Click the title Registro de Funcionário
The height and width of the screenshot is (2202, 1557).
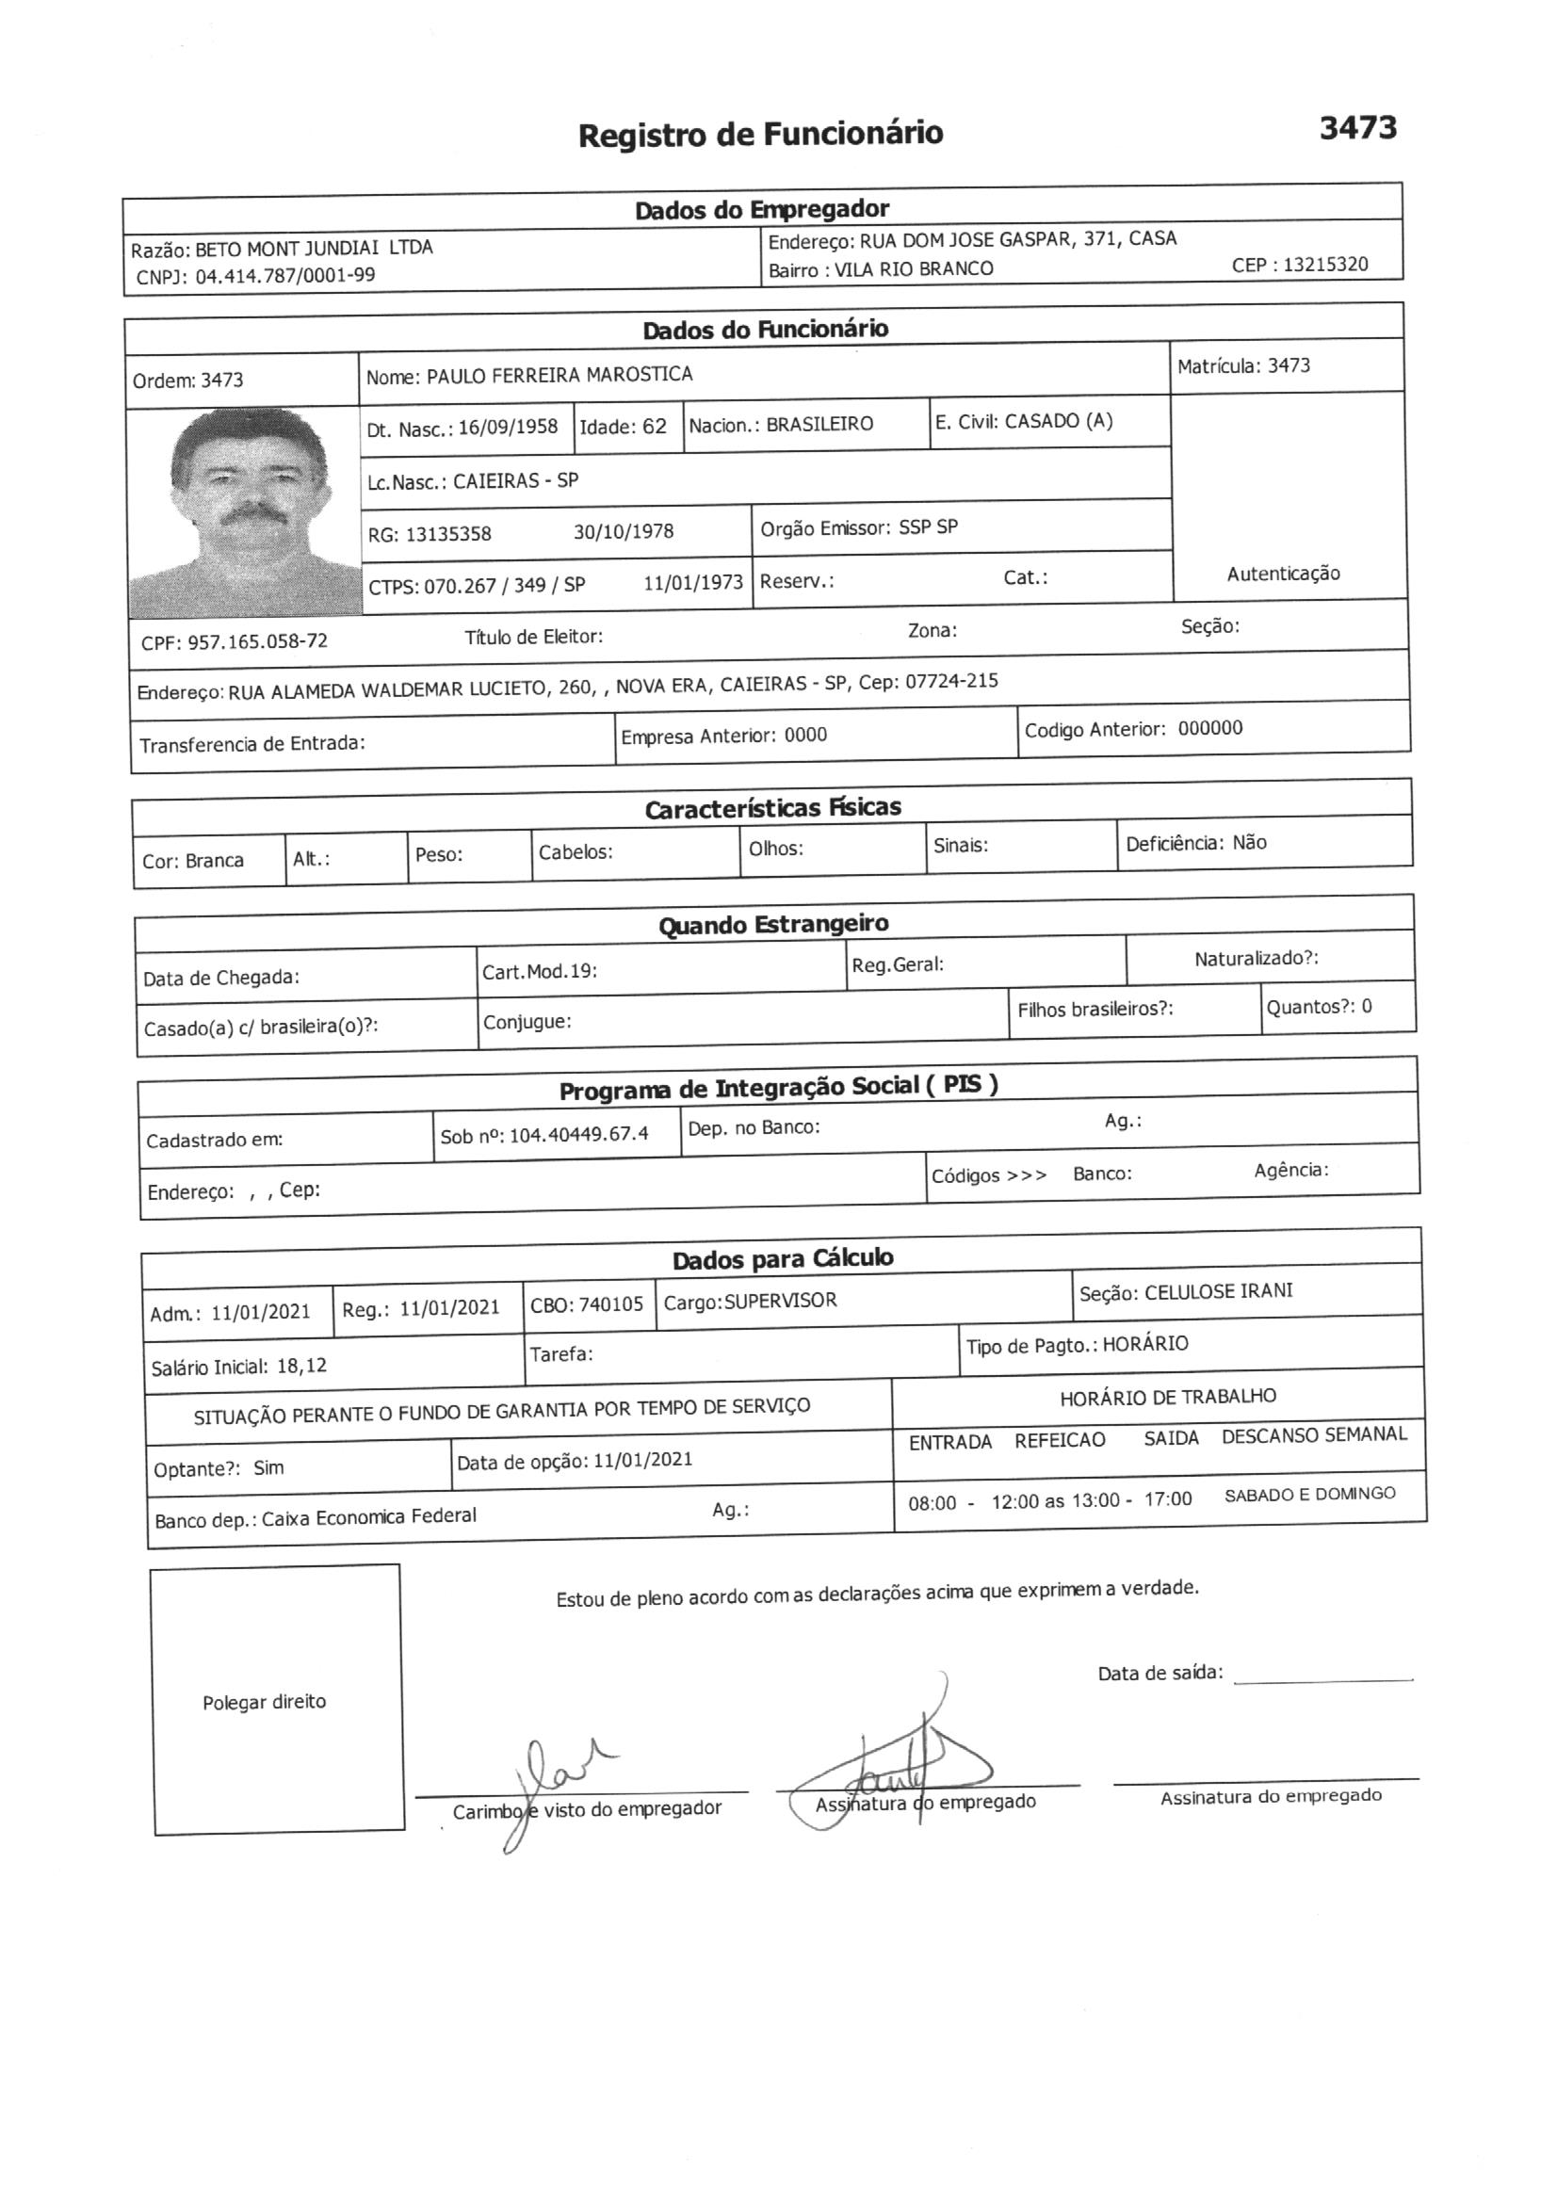(x=760, y=135)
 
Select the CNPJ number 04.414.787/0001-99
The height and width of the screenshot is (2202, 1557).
(x=284, y=276)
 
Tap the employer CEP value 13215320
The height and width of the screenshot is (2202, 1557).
(x=1325, y=265)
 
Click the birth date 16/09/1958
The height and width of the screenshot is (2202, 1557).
(x=508, y=428)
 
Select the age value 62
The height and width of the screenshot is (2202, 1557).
(x=655, y=427)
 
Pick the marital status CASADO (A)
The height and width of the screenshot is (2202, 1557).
(x=1058, y=421)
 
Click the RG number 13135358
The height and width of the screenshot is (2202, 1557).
(x=448, y=534)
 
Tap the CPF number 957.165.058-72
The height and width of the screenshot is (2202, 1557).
(x=257, y=641)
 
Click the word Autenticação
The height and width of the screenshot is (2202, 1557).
(x=1283, y=574)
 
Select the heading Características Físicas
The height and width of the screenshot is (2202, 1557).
(x=772, y=808)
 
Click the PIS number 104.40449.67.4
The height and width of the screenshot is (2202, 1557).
(x=578, y=1135)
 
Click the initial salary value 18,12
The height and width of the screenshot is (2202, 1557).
(x=301, y=1366)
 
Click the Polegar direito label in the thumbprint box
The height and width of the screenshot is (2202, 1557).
(x=264, y=1702)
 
